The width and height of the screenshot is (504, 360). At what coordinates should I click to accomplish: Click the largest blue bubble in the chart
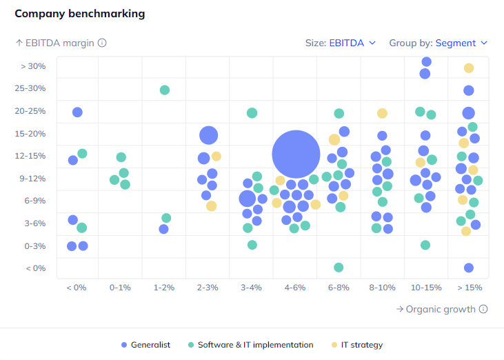296,154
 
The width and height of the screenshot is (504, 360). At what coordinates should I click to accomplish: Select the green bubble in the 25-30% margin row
165,90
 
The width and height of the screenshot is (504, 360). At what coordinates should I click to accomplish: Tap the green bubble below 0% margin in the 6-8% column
339,268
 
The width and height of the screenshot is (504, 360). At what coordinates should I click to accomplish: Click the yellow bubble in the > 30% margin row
469,68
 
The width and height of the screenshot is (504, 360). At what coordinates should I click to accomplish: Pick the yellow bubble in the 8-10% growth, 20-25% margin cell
382,113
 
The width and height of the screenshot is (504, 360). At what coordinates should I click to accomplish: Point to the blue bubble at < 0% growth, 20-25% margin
77,112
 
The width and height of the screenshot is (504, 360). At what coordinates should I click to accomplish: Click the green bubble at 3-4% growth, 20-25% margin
252,112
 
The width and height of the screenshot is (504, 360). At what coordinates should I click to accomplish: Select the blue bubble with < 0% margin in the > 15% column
469,268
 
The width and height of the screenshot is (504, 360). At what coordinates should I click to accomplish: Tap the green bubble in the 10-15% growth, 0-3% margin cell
425,245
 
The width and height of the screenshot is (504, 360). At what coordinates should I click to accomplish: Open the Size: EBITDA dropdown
341,43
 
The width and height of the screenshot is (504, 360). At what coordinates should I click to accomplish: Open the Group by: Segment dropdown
439,43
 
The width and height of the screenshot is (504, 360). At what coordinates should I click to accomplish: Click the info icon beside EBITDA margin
102,43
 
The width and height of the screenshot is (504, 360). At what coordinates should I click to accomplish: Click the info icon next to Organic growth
483,309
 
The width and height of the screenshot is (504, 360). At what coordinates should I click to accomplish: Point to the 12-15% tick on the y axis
32,156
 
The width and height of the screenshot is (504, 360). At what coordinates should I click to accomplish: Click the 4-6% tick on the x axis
295,287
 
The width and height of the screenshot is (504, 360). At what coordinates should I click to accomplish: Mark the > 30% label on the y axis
33,66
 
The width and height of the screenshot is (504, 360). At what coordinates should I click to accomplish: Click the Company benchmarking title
80,14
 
